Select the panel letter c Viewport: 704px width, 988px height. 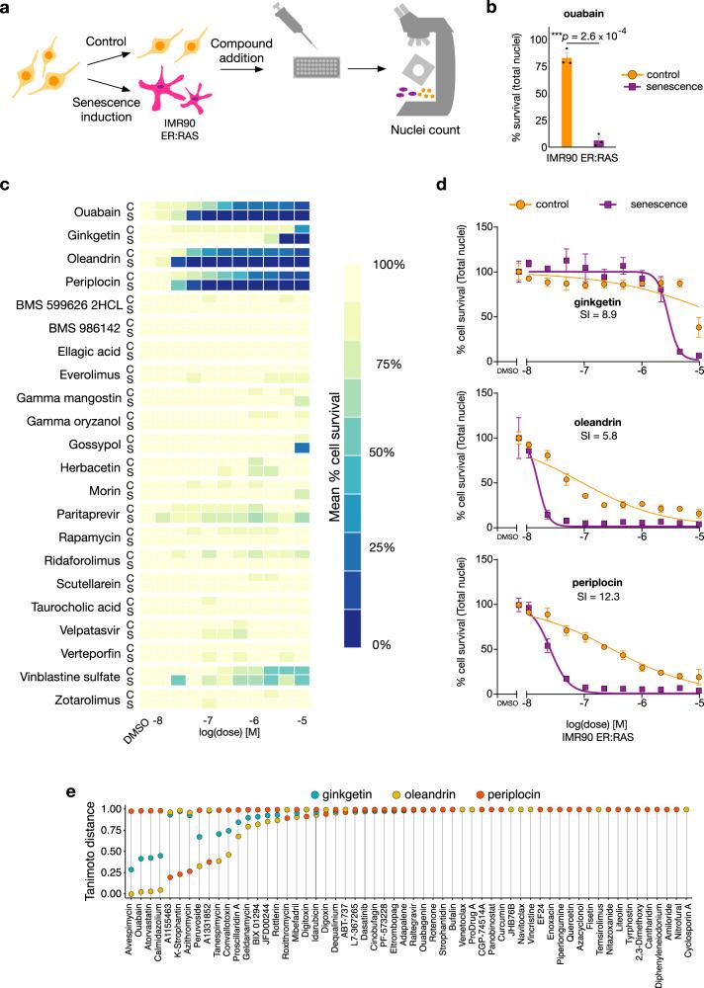(x=7, y=184)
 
